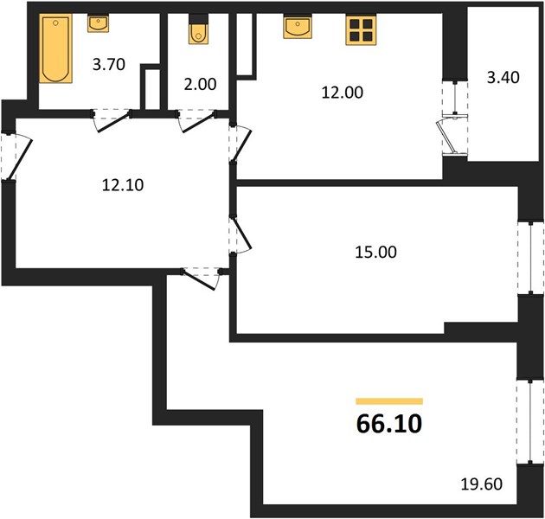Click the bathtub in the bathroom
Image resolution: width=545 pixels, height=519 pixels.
55,48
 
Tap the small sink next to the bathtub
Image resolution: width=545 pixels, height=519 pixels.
98,23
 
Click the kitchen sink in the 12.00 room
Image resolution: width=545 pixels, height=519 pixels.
298,27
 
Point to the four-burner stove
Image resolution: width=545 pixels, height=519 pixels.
361,30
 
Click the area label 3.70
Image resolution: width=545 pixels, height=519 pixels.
109,65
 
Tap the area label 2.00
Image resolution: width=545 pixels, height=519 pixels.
200,84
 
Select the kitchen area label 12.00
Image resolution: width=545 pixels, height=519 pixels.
343,93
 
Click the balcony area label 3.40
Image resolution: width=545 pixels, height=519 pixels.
503,78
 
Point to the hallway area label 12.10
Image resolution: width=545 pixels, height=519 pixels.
123,185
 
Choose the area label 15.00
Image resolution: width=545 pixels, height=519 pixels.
375,252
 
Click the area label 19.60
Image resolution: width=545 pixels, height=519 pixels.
482,484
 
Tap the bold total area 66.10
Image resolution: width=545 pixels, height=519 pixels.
389,424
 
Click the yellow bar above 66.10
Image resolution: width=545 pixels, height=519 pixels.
389,401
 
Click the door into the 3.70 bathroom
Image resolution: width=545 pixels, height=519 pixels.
112,119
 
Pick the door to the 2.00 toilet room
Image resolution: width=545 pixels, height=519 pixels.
196,119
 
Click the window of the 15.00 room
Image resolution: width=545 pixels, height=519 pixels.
531,258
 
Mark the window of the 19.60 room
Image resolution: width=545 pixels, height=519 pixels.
530,421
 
